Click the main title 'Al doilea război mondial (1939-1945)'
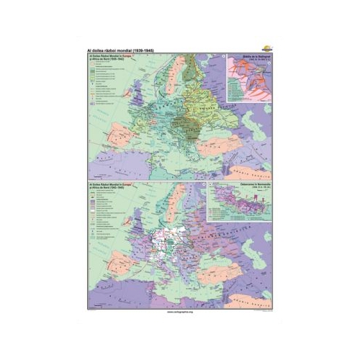tap(122, 50)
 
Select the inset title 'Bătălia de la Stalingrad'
tap(251, 58)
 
